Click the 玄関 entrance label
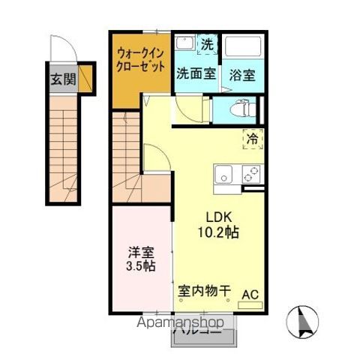click(64, 79)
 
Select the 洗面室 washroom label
click(196, 75)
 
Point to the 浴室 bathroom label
click(243, 75)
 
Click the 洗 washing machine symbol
click(206, 44)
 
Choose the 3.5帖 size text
click(140, 265)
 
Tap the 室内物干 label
click(204, 291)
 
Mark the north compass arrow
click(307, 322)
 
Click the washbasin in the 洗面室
click(184, 45)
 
